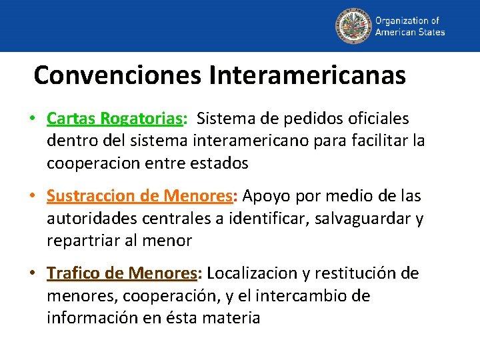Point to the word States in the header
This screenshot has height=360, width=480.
pos(431,32)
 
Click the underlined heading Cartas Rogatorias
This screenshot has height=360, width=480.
pos(115,119)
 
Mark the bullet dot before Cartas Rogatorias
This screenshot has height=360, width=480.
pos(32,119)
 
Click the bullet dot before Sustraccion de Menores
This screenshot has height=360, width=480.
pos(32,196)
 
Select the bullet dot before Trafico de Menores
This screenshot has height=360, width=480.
pos(32,273)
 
